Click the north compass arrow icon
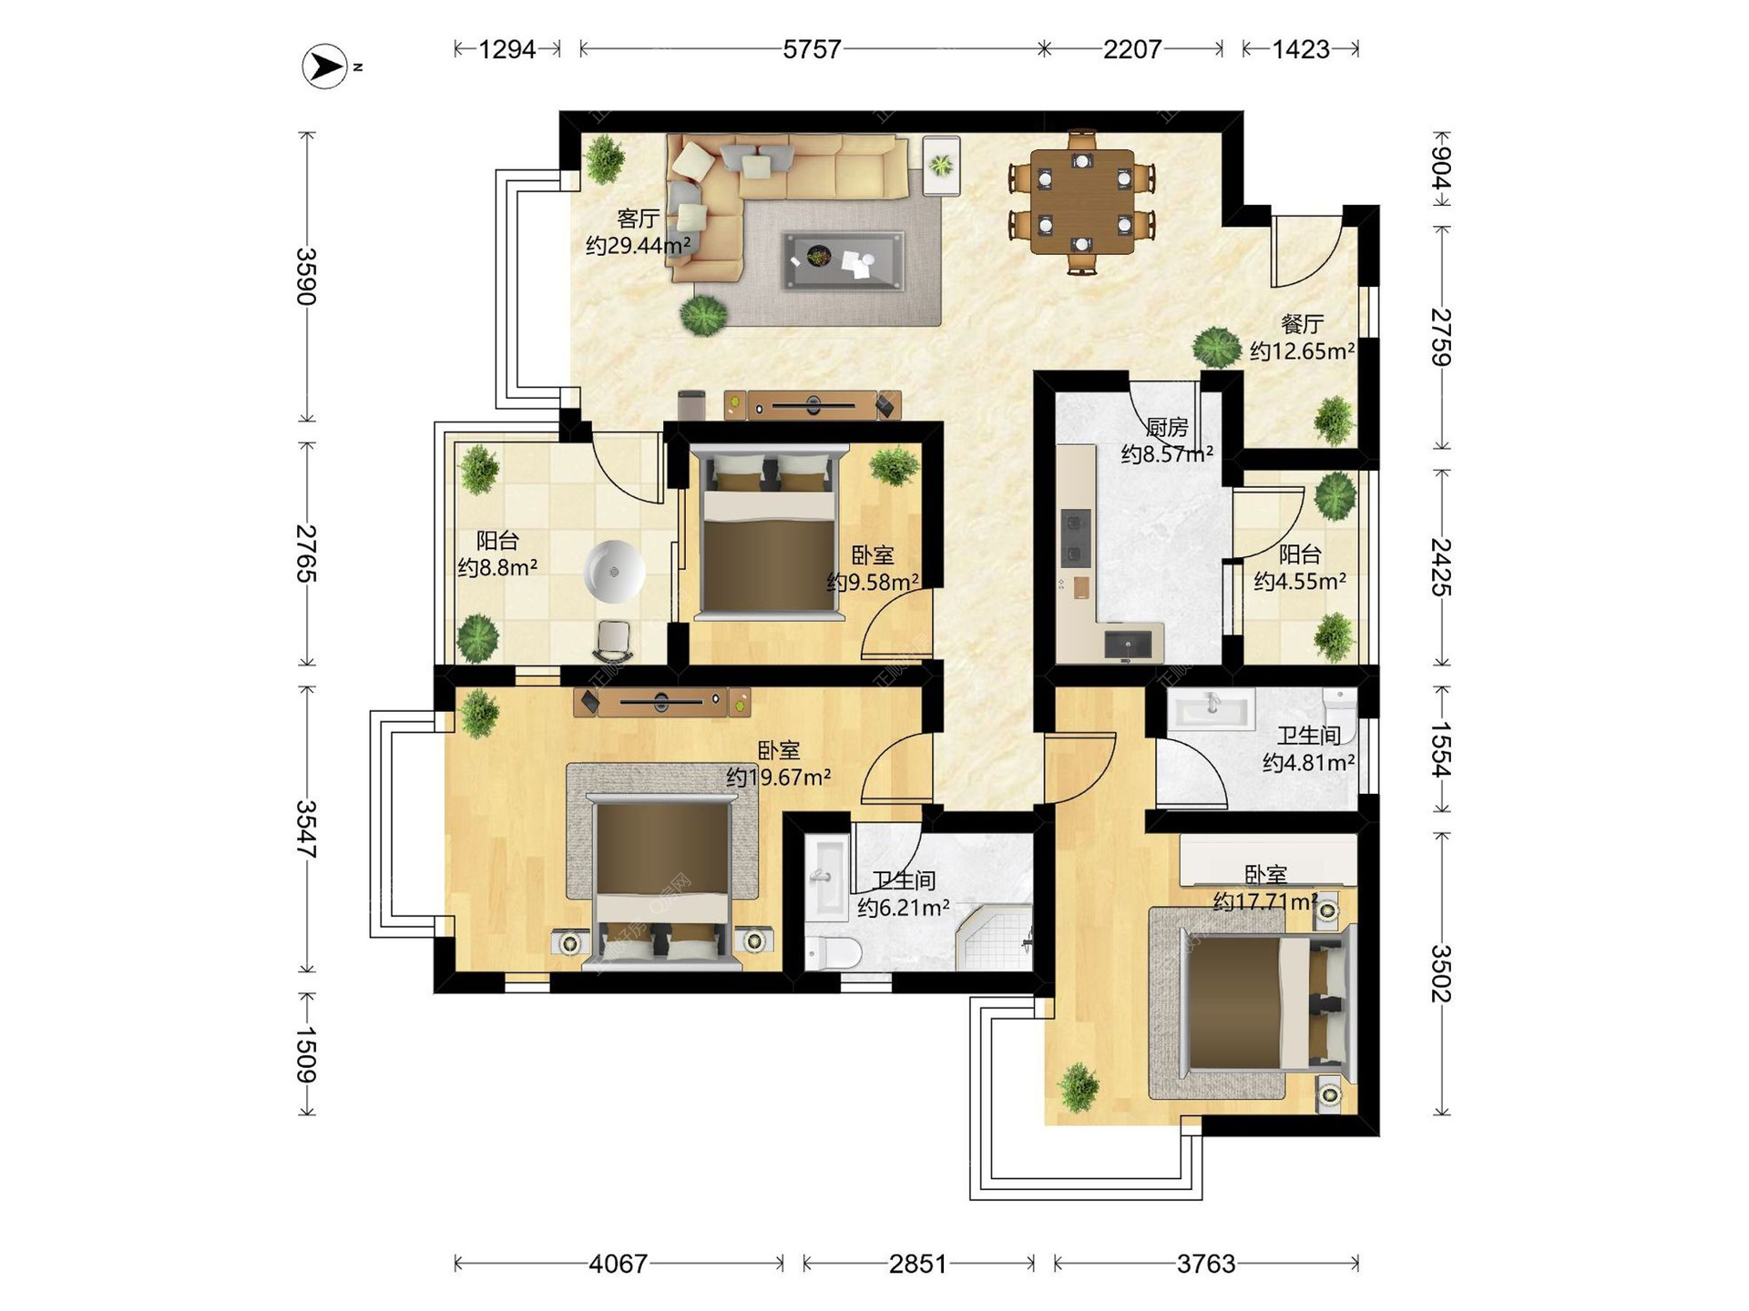point(325,66)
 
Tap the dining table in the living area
point(1082,202)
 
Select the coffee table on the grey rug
point(844,260)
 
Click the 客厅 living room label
point(638,218)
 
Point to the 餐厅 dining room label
point(1302,324)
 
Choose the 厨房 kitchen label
point(1167,427)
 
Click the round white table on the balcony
point(616,571)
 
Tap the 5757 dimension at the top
point(812,49)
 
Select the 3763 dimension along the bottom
point(1205,1264)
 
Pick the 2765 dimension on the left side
point(306,554)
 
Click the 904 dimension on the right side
point(1441,168)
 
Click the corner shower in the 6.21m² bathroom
point(995,937)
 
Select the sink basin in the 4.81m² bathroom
point(1212,708)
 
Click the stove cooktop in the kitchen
point(1076,538)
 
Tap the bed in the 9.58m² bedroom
point(770,532)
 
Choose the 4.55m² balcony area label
point(1300,581)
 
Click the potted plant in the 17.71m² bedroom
point(1079,1087)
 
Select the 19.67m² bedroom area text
point(779,777)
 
